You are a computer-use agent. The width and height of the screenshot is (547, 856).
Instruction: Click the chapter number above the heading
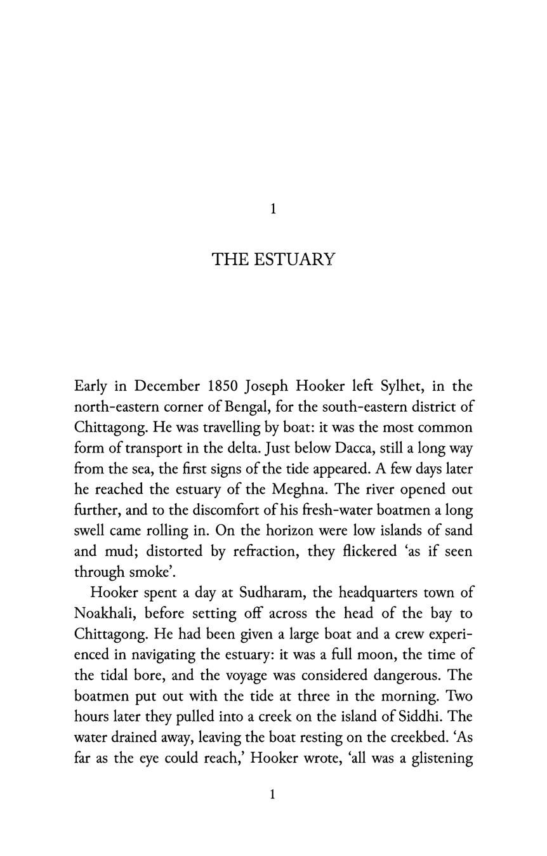coord(273,209)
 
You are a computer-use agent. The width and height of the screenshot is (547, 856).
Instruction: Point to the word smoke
coord(150,572)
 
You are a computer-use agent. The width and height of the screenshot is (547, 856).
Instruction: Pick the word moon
coord(398,654)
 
